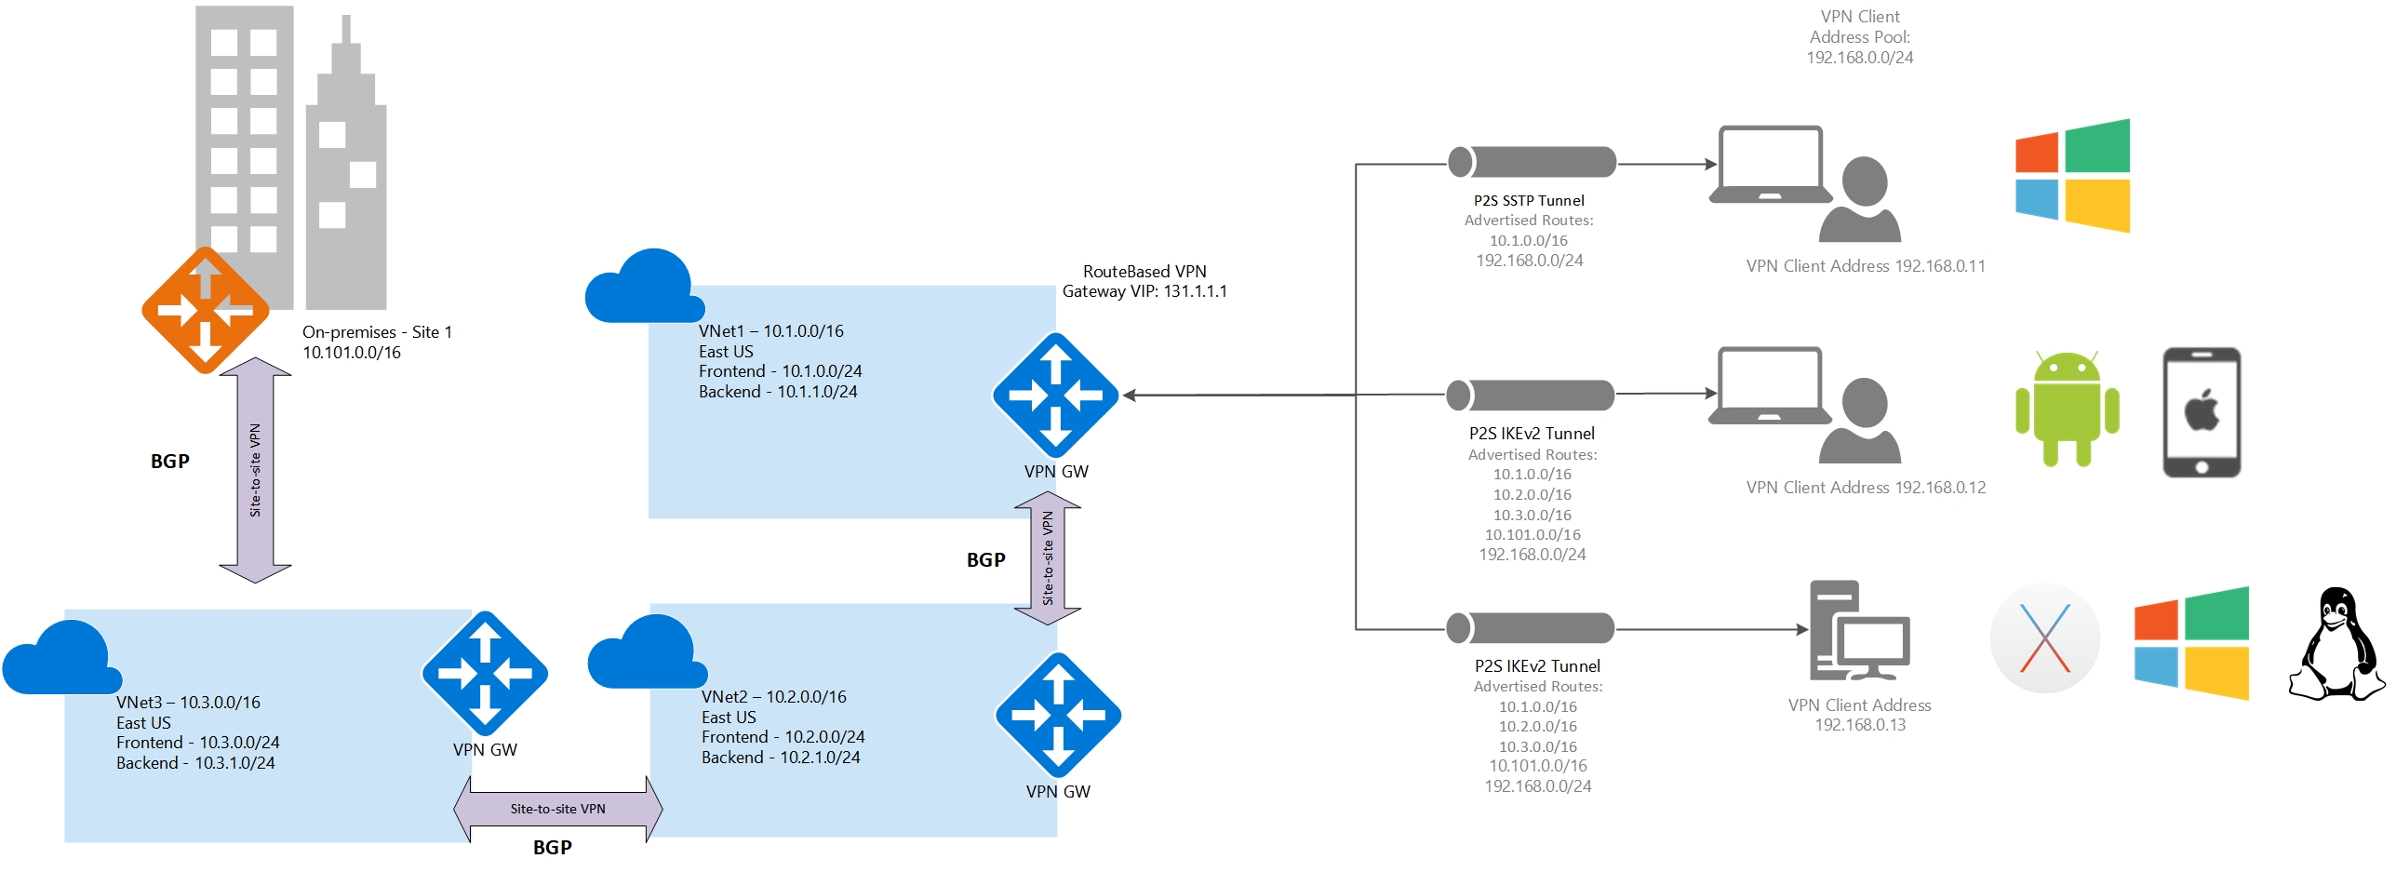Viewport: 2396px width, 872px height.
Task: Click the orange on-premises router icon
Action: (x=206, y=310)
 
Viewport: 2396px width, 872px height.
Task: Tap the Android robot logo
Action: (x=2067, y=409)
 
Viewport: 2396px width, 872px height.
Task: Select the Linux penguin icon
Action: (x=2336, y=644)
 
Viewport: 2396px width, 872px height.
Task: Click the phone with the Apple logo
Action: (x=2201, y=412)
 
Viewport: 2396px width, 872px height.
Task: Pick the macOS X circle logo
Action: (x=2044, y=639)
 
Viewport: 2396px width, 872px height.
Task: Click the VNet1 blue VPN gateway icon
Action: (x=1055, y=396)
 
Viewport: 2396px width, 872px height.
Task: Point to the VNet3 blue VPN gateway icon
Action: (x=485, y=673)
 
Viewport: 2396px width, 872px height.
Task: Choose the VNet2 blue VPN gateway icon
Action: (x=1058, y=715)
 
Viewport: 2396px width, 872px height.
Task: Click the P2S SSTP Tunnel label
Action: (x=1529, y=200)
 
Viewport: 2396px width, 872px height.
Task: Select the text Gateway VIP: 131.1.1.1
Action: (x=1144, y=291)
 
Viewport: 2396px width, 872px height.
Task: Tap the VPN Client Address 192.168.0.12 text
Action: (x=1866, y=488)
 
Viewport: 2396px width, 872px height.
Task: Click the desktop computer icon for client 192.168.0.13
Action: (x=1858, y=630)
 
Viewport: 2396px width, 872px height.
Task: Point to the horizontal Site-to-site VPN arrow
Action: (x=557, y=809)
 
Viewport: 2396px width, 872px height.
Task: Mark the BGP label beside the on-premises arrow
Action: (x=170, y=462)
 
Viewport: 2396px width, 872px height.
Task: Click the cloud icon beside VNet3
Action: (x=61, y=659)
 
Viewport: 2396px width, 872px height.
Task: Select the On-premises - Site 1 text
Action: (x=377, y=332)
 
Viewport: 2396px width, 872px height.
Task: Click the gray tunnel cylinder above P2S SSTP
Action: (x=1532, y=162)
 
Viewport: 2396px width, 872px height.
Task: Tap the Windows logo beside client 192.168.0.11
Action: (x=2072, y=176)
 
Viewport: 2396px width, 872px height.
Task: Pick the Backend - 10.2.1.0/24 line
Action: (x=781, y=758)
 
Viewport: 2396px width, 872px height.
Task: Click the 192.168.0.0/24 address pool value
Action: (x=1859, y=58)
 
